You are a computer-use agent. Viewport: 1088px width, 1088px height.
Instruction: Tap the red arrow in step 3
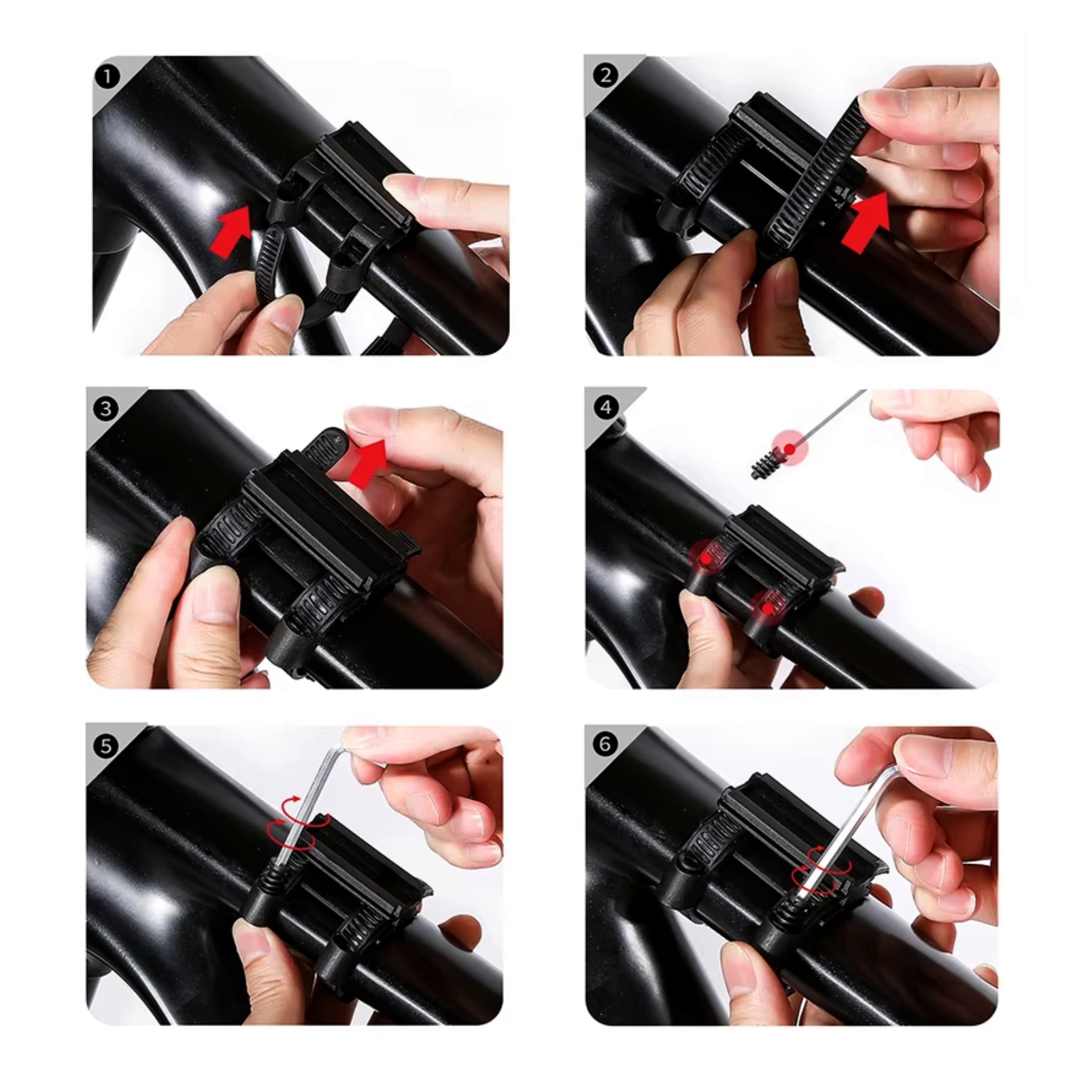click(x=368, y=463)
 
